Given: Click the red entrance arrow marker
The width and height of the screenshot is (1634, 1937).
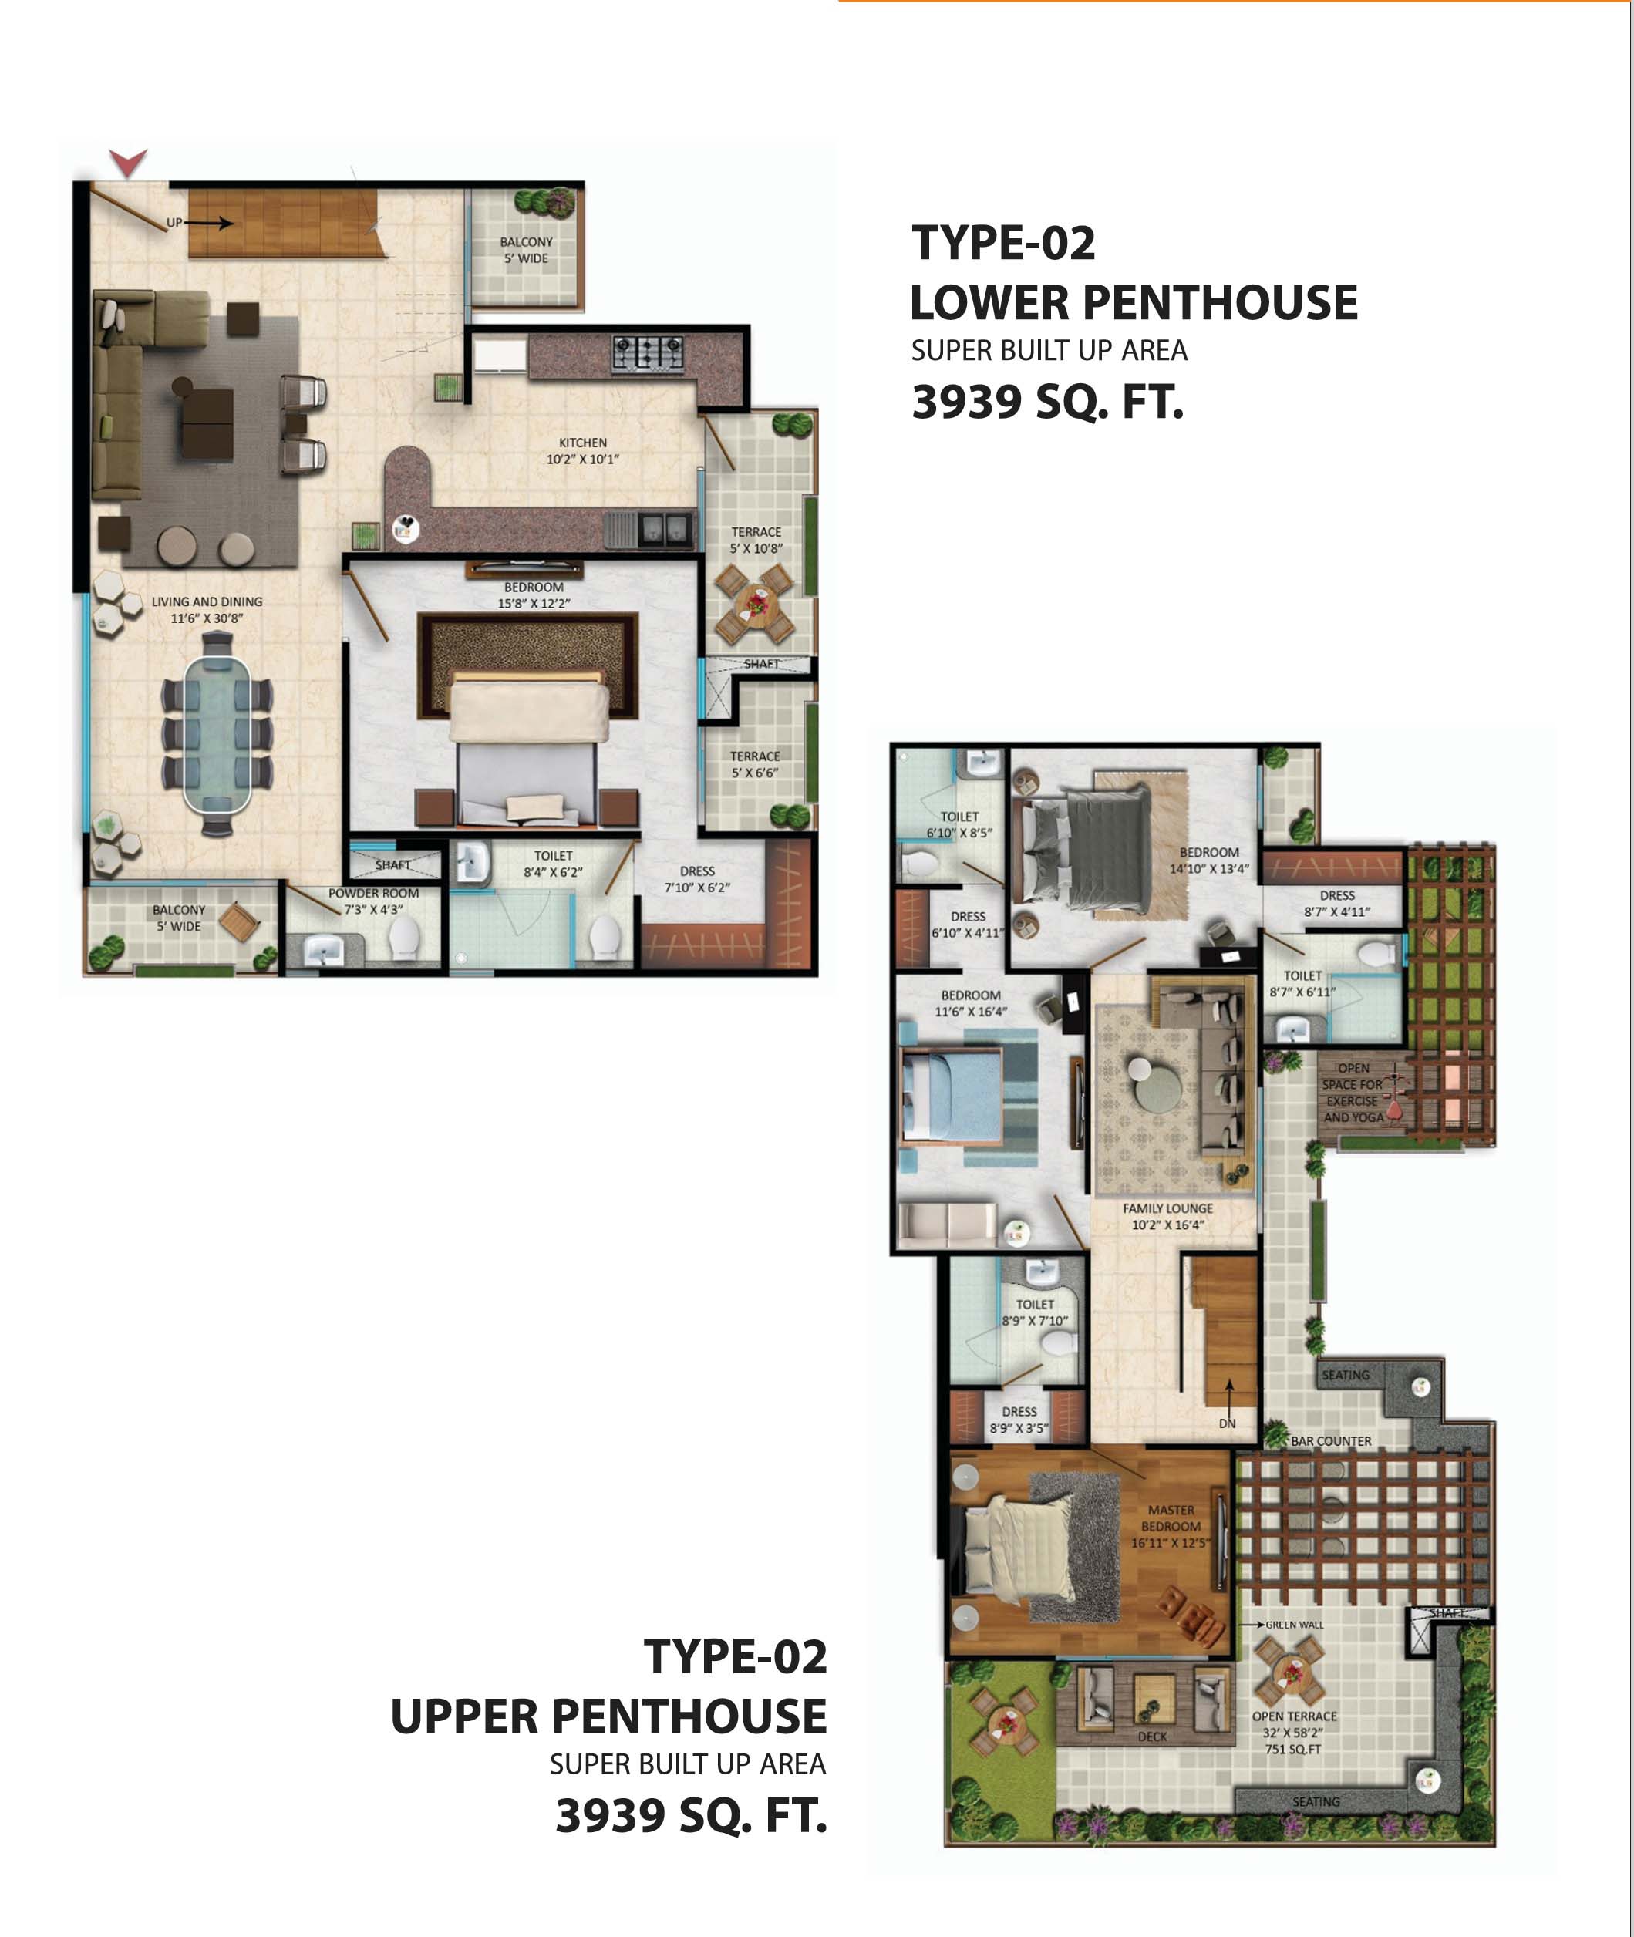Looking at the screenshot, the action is click(128, 162).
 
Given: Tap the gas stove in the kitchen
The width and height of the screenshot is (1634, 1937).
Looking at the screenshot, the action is click(648, 353).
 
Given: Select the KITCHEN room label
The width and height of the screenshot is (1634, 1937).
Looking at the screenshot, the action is click(583, 443).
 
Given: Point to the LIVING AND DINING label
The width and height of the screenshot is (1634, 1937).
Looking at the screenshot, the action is click(207, 602).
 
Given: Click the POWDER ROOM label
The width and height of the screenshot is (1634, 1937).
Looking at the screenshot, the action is click(373, 894).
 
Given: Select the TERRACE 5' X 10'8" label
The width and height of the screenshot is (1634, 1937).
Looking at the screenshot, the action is click(756, 540).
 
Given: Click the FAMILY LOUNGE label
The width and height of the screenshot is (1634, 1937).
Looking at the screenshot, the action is click(1167, 1209).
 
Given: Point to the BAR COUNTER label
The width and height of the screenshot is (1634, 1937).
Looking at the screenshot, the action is click(1331, 1441).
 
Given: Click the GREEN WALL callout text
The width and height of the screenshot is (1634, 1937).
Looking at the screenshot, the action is click(1294, 1625).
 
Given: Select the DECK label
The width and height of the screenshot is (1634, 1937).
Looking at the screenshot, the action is click(1152, 1737).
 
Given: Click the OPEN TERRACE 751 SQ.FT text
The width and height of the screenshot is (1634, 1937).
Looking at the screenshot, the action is click(1294, 1733).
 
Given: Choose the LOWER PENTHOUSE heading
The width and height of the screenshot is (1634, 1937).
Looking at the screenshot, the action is click(1134, 303).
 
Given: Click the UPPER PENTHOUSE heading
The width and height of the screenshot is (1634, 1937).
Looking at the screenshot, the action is click(608, 1716).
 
